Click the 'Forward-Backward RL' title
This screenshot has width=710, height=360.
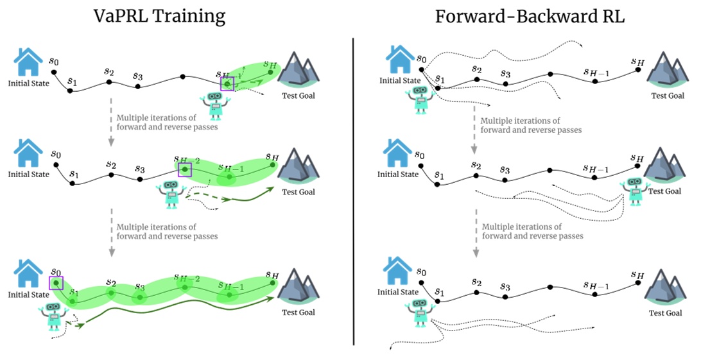[x=530, y=15]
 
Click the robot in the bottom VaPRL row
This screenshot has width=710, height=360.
[x=53, y=318]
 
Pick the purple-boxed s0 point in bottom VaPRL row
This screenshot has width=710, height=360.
[x=56, y=282]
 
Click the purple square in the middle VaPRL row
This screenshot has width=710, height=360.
[x=185, y=169]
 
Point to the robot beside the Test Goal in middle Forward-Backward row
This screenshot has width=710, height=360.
[x=634, y=191]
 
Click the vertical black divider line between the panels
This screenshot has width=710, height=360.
[x=354, y=193]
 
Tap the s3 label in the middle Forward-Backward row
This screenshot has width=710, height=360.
[x=505, y=170]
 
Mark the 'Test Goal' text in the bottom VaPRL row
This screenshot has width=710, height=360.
[x=299, y=313]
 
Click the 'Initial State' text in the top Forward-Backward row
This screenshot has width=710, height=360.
[x=399, y=80]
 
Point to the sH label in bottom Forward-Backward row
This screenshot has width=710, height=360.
[x=637, y=275]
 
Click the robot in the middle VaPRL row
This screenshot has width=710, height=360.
[x=171, y=194]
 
